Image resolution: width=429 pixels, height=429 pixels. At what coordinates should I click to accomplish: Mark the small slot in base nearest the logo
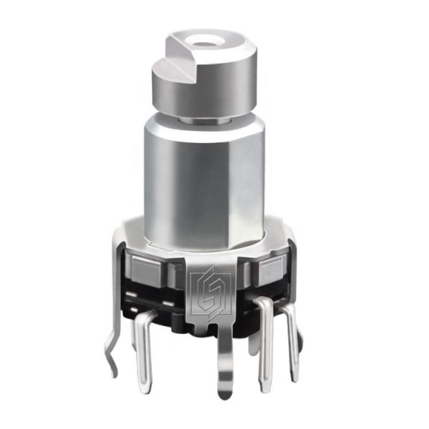(x=172, y=300)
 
